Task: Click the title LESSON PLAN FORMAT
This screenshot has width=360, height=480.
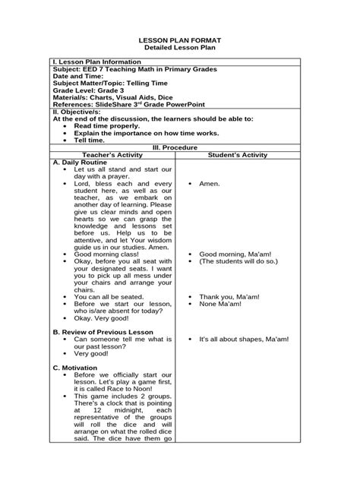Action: coord(179,39)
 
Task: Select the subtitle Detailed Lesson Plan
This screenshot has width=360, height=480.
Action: coord(179,47)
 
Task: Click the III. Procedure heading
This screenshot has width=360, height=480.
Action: coord(179,147)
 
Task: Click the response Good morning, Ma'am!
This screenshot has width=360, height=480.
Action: coord(231,254)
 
